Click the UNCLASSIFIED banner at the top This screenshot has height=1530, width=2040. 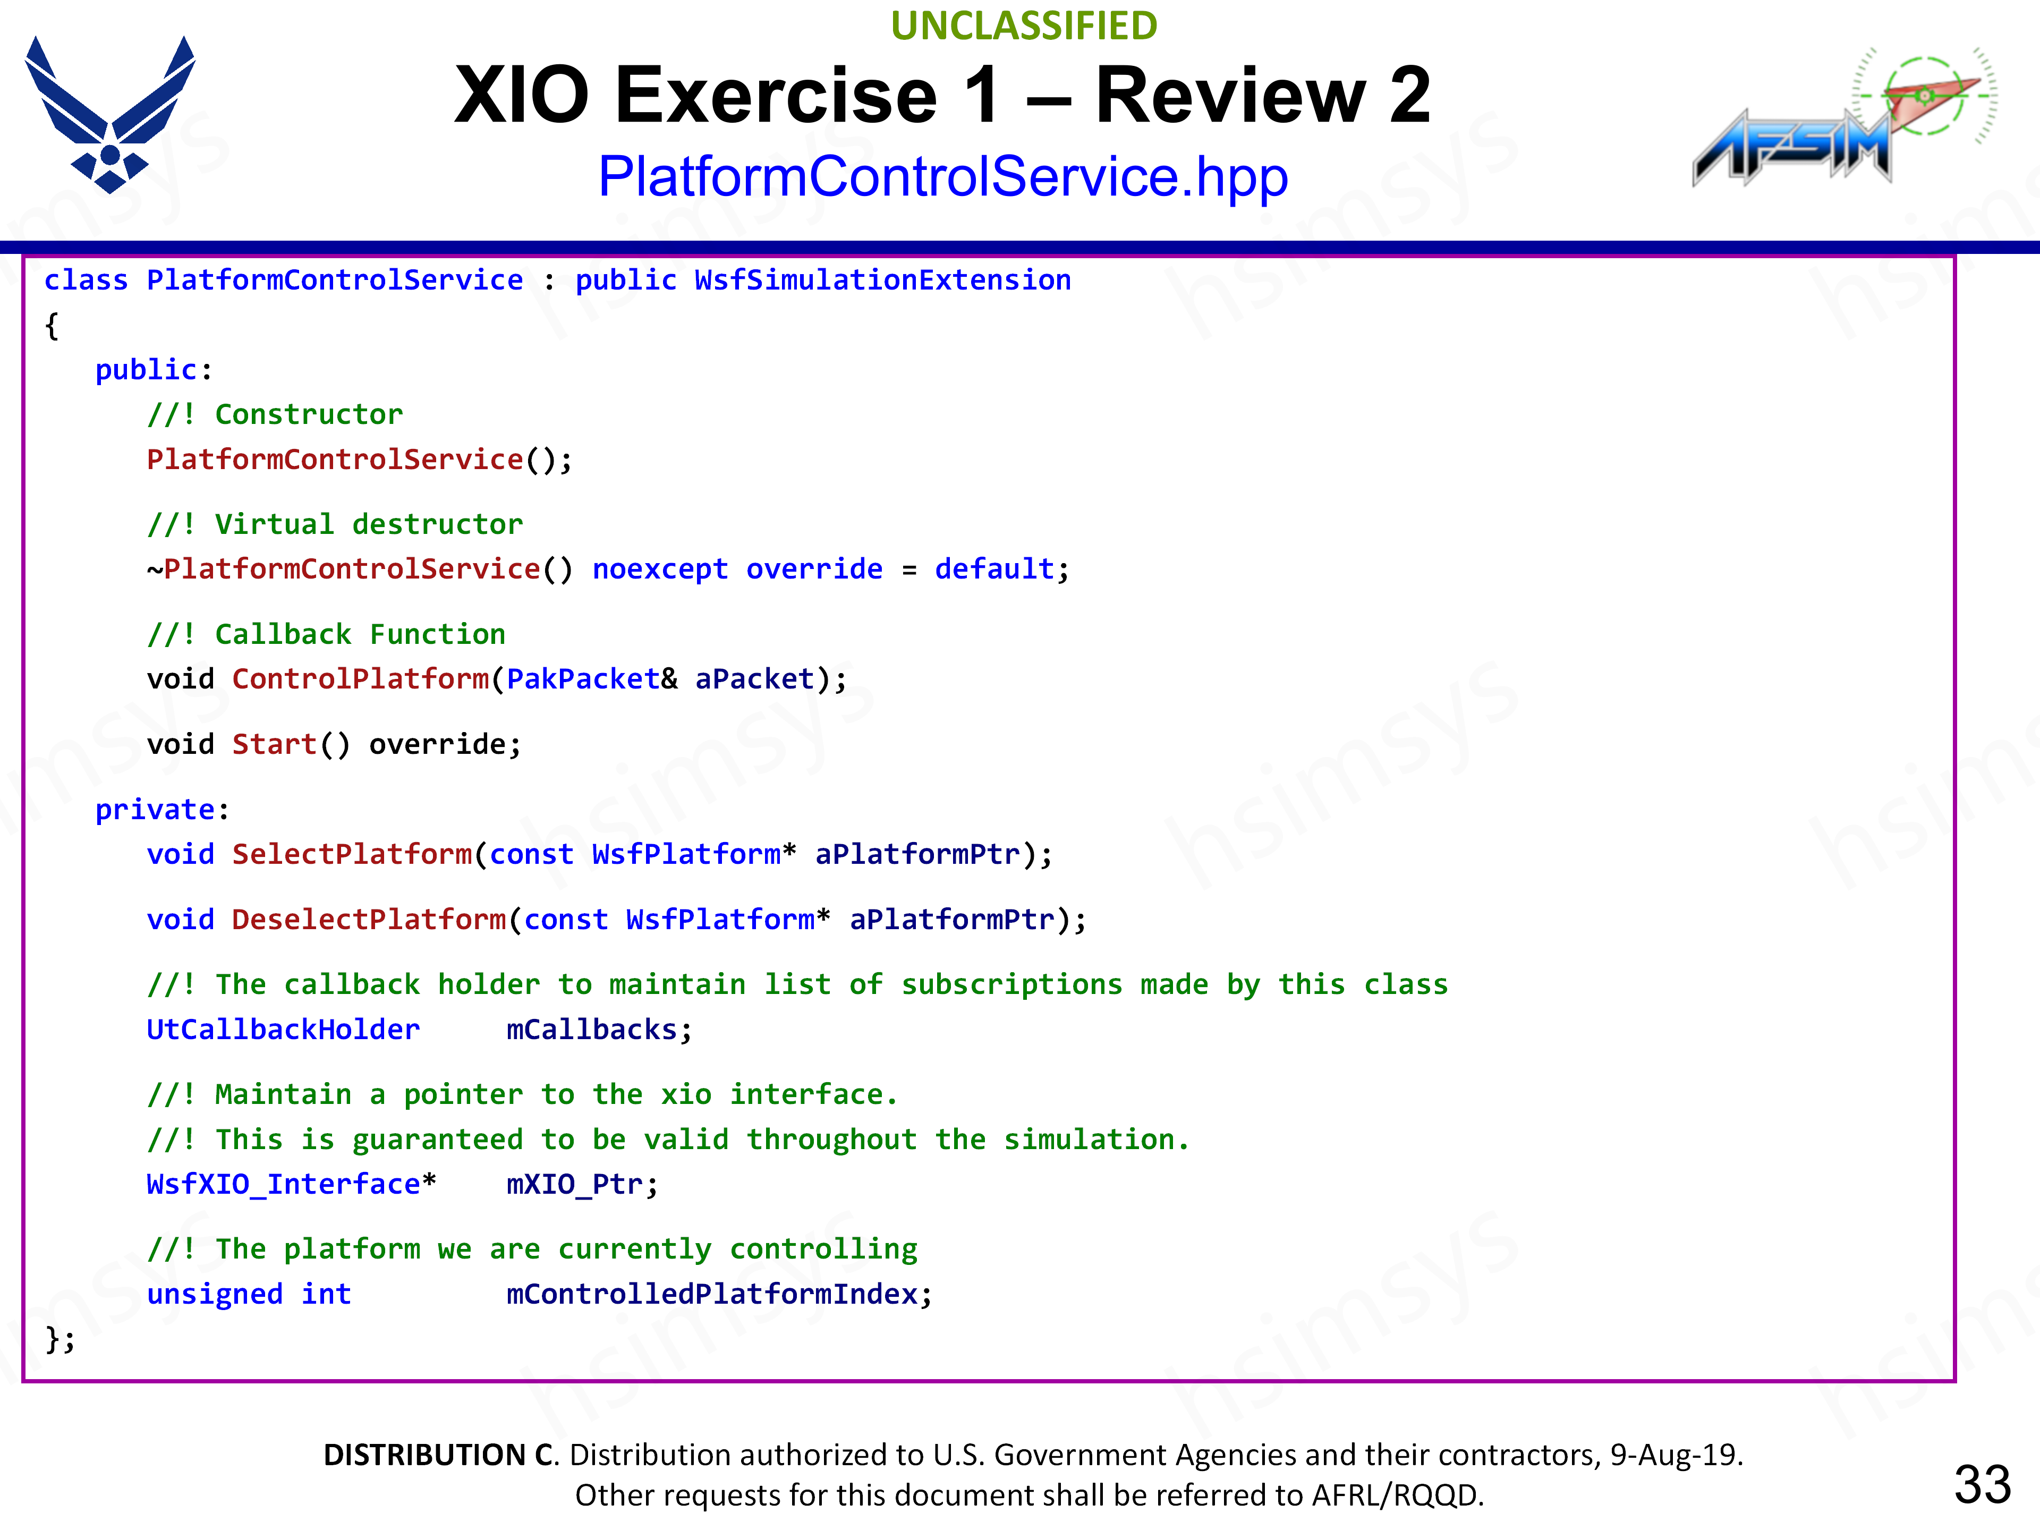click(x=1024, y=26)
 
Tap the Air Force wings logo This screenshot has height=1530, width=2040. click(x=110, y=114)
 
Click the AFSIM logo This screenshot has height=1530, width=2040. click(x=1844, y=116)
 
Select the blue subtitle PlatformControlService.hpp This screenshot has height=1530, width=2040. click(x=942, y=176)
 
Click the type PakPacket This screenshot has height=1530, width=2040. click(x=583, y=679)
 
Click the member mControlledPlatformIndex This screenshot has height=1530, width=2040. click(x=712, y=1294)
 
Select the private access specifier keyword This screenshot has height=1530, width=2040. click(x=155, y=810)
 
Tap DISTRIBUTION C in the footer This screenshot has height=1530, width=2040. click(x=439, y=1455)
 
